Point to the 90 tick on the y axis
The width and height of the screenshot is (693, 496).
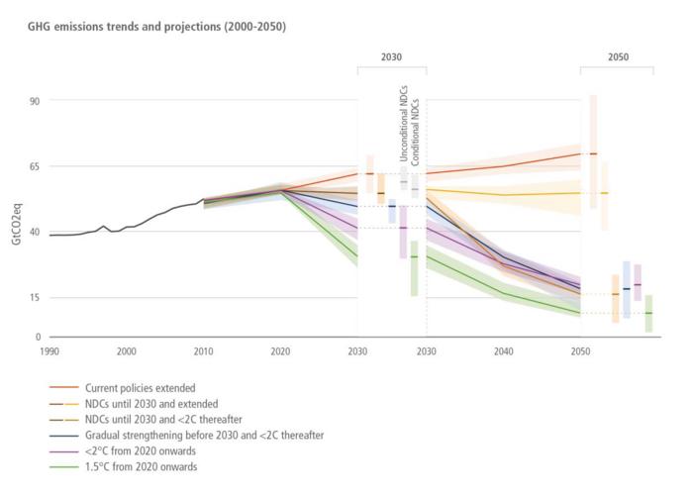34,100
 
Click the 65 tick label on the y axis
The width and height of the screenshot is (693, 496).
34,166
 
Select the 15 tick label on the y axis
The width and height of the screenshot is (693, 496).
34,298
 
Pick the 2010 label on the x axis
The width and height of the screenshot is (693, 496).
203,350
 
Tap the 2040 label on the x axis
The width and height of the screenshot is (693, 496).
503,350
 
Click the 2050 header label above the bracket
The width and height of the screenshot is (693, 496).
617,58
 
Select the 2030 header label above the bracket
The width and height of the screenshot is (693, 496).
391,58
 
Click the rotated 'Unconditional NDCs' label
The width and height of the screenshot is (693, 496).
403,130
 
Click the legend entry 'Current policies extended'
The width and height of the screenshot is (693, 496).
140,387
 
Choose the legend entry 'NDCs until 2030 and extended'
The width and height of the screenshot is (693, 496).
150,403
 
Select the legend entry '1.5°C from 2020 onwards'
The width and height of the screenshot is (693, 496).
142,466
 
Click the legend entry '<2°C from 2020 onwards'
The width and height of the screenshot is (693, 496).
141,450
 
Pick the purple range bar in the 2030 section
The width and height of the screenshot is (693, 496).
403,232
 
